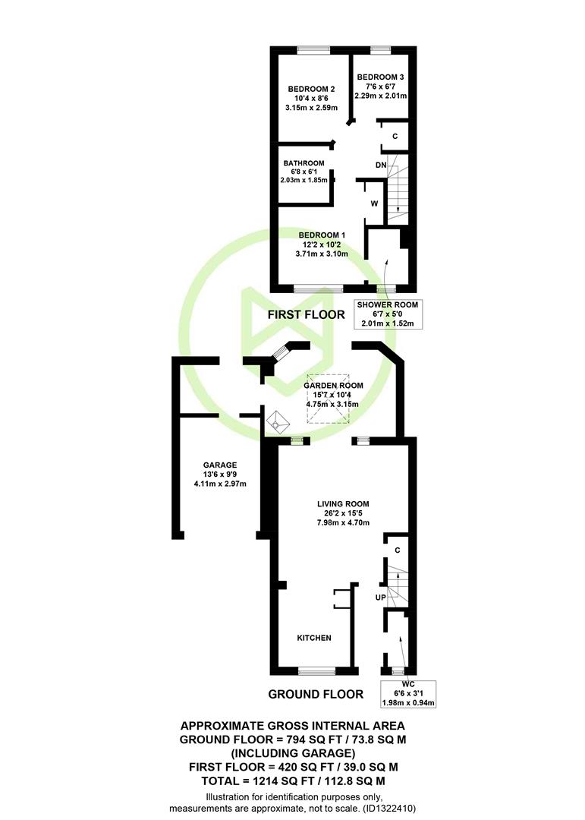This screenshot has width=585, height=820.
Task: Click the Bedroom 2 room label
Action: point(311,90)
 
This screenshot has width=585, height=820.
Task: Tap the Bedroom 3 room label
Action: point(380,77)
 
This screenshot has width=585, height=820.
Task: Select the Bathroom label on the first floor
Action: point(304,163)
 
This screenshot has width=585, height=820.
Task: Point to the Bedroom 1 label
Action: point(322,235)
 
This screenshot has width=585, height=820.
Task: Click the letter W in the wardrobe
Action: point(374,203)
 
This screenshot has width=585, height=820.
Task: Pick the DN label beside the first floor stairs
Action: point(381,166)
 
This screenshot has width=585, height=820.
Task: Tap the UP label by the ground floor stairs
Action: point(381,598)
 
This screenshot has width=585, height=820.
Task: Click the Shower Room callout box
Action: point(388,314)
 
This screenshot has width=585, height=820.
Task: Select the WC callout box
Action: point(408,693)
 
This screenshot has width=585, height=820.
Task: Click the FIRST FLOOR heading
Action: point(307,314)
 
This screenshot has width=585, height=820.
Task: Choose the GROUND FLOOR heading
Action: point(316,694)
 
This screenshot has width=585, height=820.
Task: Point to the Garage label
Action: point(220,465)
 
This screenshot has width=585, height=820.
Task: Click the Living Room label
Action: point(343,504)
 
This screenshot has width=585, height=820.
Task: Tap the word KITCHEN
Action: point(314,638)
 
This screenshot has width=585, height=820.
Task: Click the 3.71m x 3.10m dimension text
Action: point(322,254)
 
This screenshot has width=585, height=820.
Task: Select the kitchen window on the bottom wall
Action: point(317,671)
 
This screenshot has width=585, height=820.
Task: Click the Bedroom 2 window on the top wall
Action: point(313,50)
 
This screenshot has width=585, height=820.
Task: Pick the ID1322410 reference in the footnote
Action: point(388,809)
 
